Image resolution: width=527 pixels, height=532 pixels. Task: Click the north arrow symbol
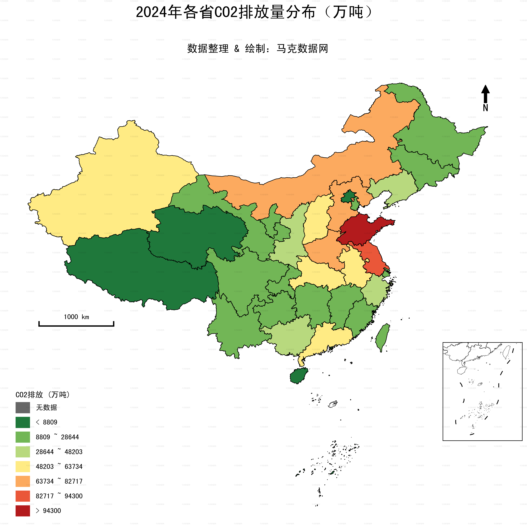[485, 94]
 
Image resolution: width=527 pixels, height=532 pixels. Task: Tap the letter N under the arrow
[485, 108]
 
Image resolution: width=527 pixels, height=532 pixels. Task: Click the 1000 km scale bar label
[76, 317]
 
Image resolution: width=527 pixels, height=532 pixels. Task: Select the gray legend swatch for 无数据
[23, 407]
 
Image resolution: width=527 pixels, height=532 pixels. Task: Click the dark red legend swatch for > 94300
[23, 511]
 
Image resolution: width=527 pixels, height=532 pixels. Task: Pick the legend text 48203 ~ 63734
[59, 467]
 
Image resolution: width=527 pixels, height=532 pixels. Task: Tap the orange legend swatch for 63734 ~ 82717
[23, 481]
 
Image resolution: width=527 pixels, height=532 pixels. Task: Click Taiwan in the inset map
[506, 353]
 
